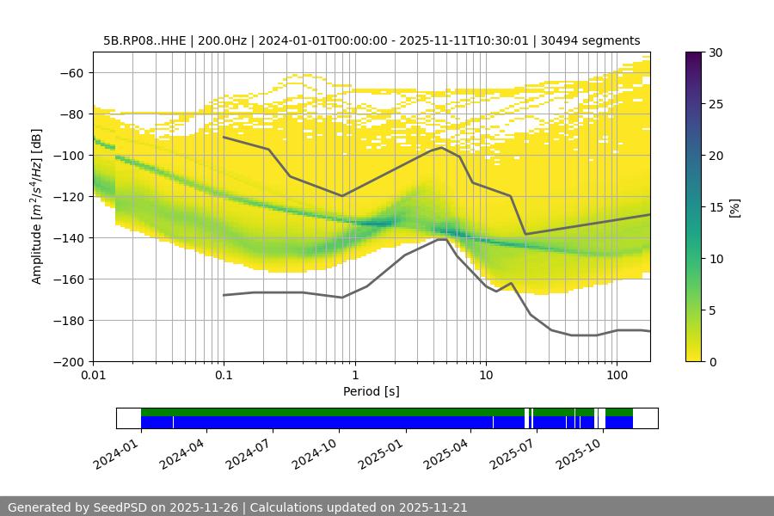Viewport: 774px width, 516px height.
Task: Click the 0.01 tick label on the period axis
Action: coord(93,375)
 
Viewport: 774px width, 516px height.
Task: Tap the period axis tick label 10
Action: coord(486,375)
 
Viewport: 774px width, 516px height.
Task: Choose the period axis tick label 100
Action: coord(617,375)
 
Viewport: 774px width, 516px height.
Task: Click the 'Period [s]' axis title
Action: coord(372,391)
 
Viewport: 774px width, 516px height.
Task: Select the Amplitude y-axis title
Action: coord(37,206)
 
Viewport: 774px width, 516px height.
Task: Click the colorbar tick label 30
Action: coord(716,52)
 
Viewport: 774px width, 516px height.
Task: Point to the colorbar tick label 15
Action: coord(716,207)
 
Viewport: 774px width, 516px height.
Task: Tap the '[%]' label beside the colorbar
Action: coord(734,207)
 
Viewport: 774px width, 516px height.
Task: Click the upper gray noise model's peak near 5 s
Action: coord(442,147)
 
